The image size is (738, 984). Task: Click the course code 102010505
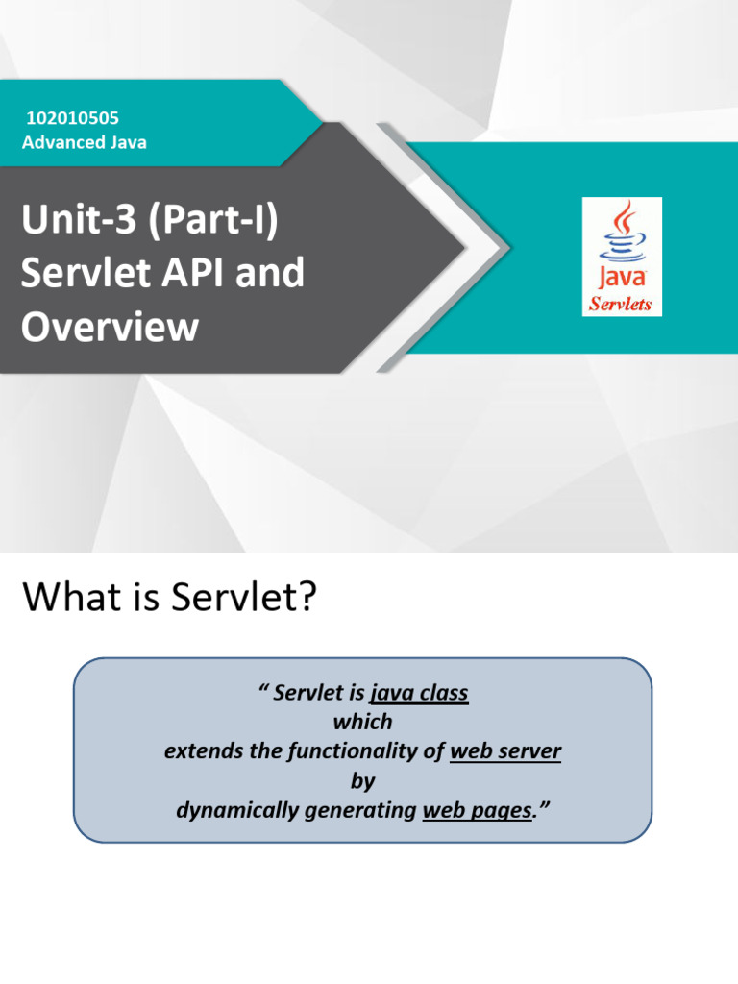(73, 119)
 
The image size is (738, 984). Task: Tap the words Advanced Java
(85, 143)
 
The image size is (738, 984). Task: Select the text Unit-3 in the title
(69, 224)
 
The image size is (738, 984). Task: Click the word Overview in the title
(110, 328)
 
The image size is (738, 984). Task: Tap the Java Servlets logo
(622, 257)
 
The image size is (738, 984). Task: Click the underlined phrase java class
(419, 693)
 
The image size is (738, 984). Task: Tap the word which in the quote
(362, 722)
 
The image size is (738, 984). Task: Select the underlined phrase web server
(505, 751)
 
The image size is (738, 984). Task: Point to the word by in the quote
(362, 781)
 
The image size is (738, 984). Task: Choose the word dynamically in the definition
(238, 811)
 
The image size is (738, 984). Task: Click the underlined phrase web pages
(478, 811)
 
